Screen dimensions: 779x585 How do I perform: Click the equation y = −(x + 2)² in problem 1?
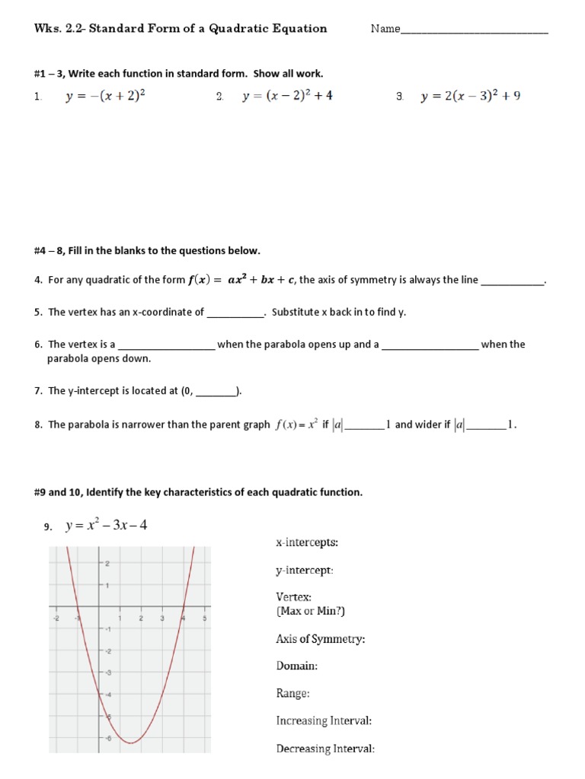pos(105,97)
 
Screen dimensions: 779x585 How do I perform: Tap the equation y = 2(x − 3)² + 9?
pos(471,97)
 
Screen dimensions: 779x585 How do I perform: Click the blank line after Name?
pos(474,30)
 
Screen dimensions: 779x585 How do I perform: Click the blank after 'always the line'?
pos(513,281)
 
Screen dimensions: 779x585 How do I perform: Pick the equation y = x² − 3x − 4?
pos(106,526)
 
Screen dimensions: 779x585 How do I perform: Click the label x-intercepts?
pos(307,542)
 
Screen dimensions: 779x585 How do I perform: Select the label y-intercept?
pos(304,570)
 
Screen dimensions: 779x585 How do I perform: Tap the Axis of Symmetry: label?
pos(320,639)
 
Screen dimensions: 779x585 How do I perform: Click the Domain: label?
pos(296,666)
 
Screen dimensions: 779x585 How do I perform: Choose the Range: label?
pos(292,693)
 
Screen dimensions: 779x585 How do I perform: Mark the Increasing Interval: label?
pos(324,720)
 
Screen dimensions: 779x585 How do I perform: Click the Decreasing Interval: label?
pos(325,749)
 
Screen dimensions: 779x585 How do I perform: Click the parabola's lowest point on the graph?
pos(131,742)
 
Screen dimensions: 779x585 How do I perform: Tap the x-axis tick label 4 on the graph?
pos(183,618)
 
